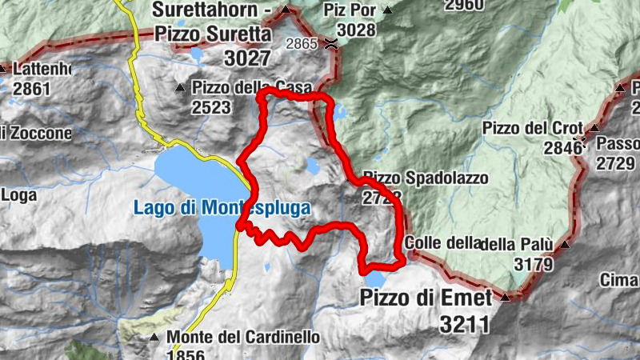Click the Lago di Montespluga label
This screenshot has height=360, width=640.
click(x=222, y=208)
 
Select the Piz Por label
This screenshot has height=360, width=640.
click(x=350, y=10)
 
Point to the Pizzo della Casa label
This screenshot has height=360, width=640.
click(x=240, y=87)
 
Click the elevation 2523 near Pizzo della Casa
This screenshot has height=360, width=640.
click(x=211, y=106)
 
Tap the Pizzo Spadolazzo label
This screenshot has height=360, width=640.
click(x=425, y=177)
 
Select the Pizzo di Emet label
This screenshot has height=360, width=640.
click(x=426, y=298)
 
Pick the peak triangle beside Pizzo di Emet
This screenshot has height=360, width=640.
click(x=506, y=298)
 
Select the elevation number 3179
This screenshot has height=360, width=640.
click(x=522, y=263)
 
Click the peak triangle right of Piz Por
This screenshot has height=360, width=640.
click(x=388, y=10)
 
